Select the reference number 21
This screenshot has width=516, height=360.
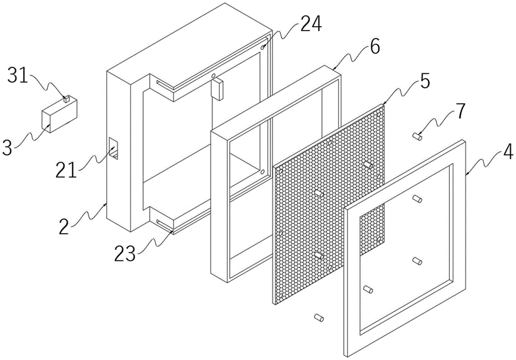click(66, 171)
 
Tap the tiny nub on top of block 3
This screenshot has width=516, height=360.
click(67, 99)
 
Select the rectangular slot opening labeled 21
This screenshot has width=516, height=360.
click(114, 149)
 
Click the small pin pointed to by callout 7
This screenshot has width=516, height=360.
click(418, 136)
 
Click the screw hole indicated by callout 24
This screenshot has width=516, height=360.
click(263, 47)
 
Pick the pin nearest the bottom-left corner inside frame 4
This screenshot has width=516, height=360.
click(368, 289)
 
